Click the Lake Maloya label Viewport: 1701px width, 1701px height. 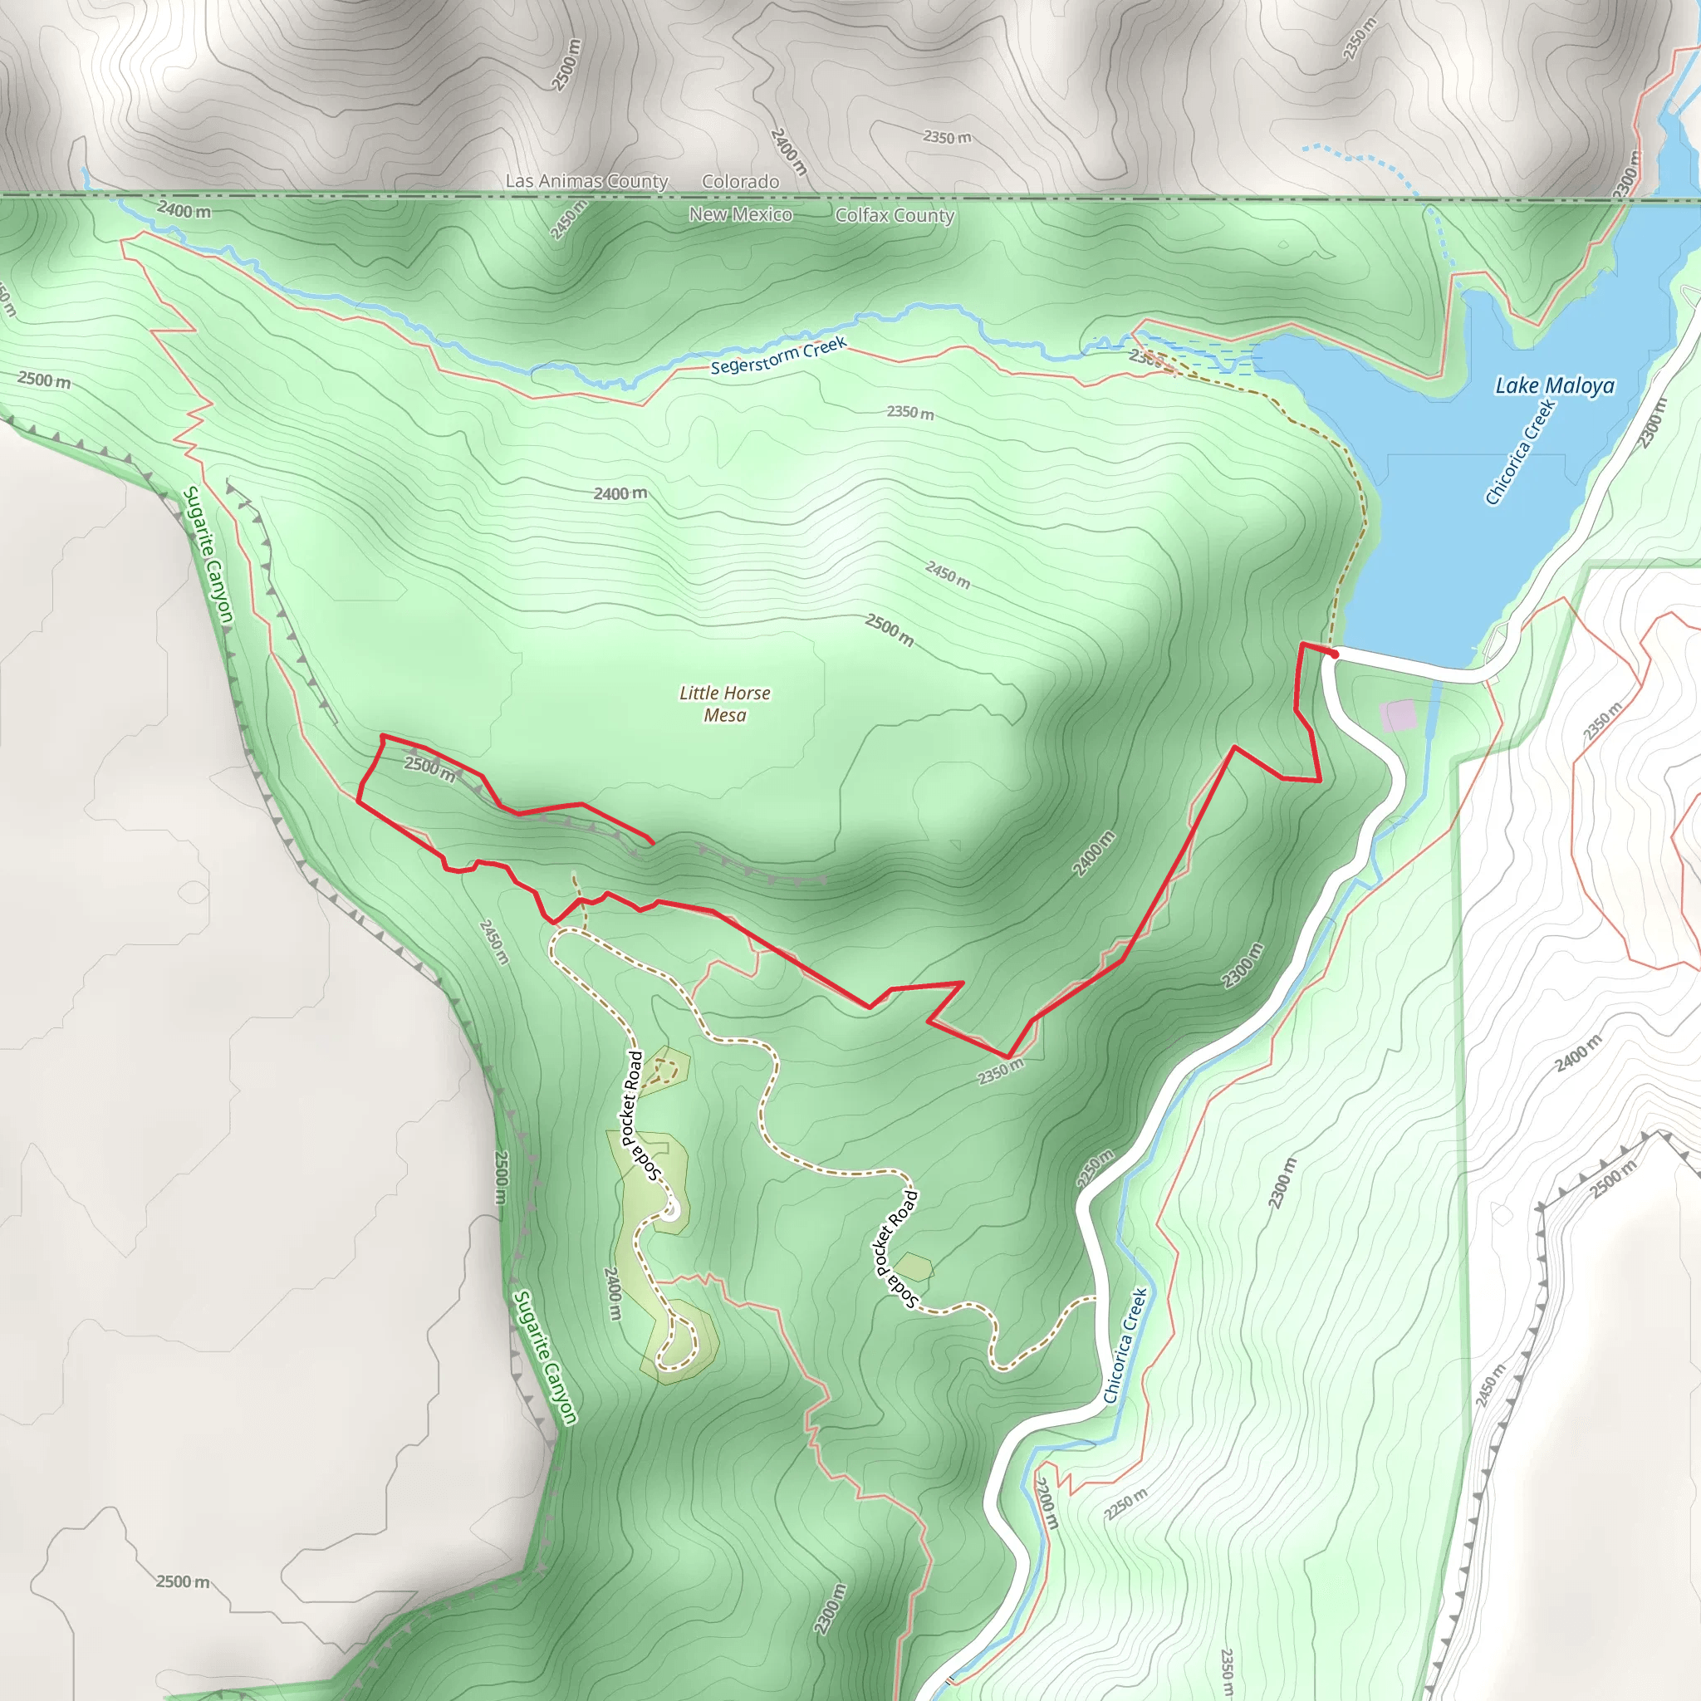pyautogui.click(x=1555, y=385)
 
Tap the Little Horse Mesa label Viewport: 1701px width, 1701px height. pyautogui.click(x=724, y=704)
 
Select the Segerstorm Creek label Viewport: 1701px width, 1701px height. pyautogui.click(x=778, y=355)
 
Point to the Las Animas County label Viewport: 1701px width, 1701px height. pyautogui.click(x=586, y=180)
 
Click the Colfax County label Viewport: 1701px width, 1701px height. pyautogui.click(x=894, y=216)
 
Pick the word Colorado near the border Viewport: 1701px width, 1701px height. pyautogui.click(x=739, y=181)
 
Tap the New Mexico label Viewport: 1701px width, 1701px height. pyautogui.click(x=739, y=215)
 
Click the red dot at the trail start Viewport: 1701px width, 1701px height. pyautogui.click(x=1334, y=654)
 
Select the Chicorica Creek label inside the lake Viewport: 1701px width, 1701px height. pyautogui.click(x=1520, y=453)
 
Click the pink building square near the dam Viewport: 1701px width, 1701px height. pyautogui.click(x=1398, y=715)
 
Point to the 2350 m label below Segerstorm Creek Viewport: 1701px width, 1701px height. pyautogui.click(x=909, y=412)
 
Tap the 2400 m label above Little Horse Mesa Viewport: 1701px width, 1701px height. pyautogui.click(x=620, y=493)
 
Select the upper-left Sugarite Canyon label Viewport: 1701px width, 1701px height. pyautogui.click(x=208, y=555)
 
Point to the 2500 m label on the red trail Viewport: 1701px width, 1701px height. pyautogui.click(x=429, y=768)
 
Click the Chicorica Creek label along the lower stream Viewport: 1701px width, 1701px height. pyautogui.click(x=1125, y=1346)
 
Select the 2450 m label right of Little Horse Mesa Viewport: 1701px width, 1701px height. pyautogui.click(x=948, y=575)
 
